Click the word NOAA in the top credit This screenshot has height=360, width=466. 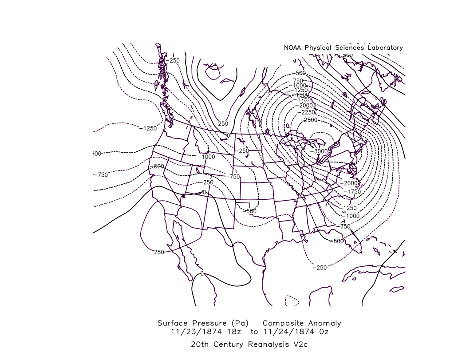[x=292, y=47]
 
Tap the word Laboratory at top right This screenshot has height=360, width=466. [x=383, y=47]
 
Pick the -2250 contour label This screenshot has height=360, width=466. [x=308, y=112]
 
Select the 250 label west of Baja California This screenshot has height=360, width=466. [x=159, y=252]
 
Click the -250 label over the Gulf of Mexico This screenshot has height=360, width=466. [x=320, y=267]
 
